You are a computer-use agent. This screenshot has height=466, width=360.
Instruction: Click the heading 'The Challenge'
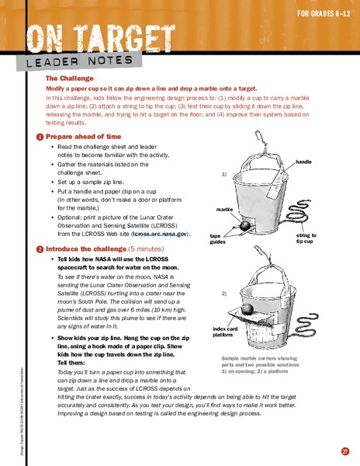69,78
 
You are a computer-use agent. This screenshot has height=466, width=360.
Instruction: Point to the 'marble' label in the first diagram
224,210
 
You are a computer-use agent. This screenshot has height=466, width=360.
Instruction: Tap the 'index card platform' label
226,333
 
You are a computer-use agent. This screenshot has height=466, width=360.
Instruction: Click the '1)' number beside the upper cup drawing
224,174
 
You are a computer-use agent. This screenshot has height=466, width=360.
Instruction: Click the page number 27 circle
344,451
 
